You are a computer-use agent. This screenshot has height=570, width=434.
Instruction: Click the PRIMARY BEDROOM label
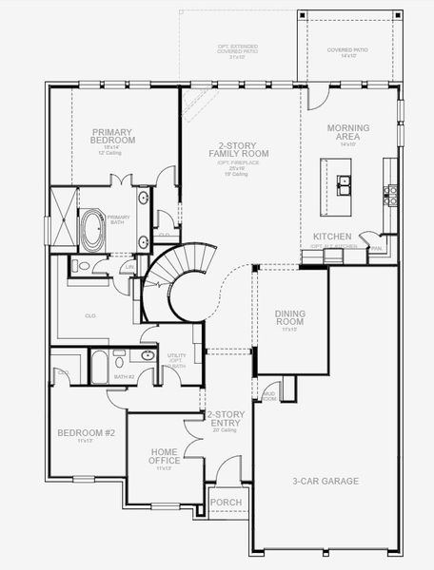tap(113, 136)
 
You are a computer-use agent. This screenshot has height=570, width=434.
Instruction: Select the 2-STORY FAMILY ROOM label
tap(238, 149)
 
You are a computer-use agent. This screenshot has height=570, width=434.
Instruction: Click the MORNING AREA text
tap(347, 132)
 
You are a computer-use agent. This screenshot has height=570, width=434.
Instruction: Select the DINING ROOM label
tap(289, 317)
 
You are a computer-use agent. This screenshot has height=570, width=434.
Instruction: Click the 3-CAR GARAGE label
tap(325, 482)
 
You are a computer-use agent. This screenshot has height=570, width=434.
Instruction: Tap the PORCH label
tap(226, 503)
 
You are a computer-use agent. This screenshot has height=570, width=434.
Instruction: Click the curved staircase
tap(177, 280)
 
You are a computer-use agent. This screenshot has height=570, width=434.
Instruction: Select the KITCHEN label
tap(333, 236)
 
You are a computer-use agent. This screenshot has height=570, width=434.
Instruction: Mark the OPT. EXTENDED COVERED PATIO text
tap(237, 48)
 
